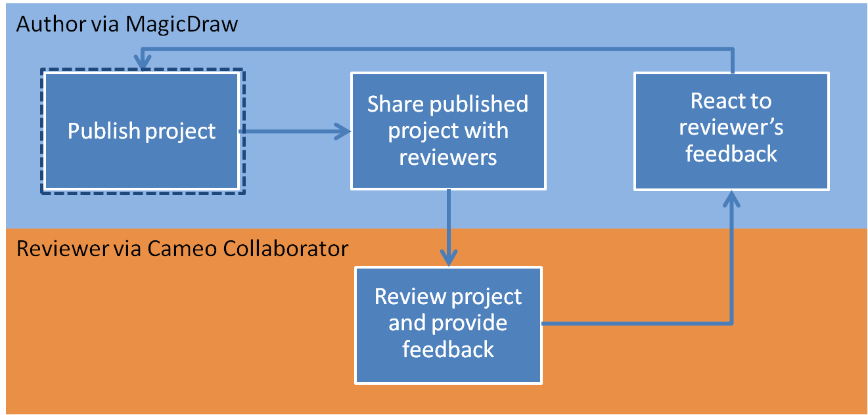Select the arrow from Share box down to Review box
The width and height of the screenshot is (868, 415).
(x=449, y=227)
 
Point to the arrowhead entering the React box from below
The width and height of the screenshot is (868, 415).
(x=732, y=198)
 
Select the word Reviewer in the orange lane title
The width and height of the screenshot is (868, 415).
(x=54, y=249)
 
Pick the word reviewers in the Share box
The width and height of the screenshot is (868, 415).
(x=448, y=158)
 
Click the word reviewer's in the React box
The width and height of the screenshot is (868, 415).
(x=731, y=127)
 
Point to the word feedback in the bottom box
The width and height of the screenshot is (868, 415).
(x=448, y=349)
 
